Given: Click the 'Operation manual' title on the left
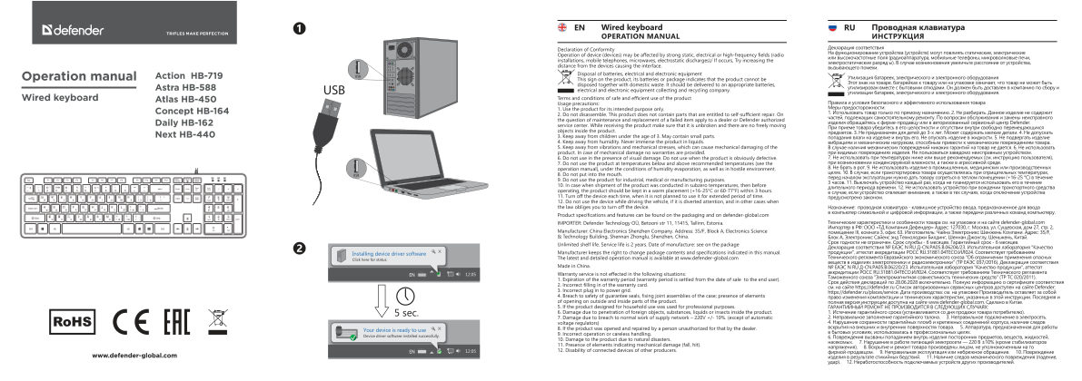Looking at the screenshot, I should [79, 75].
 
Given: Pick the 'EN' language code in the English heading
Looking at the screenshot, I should [581, 30].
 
